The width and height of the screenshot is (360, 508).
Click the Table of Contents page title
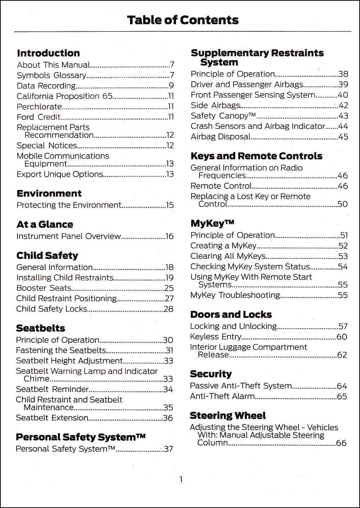click(x=183, y=20)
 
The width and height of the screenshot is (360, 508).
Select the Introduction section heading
click(x=48, y=53)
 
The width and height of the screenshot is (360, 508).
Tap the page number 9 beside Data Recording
click(x=171, y=86)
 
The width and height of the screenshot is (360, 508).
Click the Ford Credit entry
click(x=39, y=117)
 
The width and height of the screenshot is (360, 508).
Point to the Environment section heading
click(x=49, y=194)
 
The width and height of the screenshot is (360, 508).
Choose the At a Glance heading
click(x=45, y=224)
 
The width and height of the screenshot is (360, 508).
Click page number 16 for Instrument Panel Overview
click(x=170, y=236)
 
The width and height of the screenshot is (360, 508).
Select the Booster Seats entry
click(x=44, y=288)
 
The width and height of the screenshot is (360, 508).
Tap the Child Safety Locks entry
click(x=51, y=309)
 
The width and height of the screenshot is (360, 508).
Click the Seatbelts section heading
click(x=41, y=328)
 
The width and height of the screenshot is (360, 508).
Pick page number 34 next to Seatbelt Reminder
click(x=168, y=389)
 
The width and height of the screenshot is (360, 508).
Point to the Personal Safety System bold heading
click(x=81, y=437)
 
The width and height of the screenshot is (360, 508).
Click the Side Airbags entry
click(x=215, y=105)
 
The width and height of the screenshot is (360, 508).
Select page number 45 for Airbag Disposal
click(x=343, y=137)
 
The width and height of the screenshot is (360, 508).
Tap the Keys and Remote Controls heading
click(x=256, y=156)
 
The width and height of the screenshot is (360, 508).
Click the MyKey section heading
click(x=212, y=223)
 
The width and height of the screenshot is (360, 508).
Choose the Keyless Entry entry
click(x=216, y=337)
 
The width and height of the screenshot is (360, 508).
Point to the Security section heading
click(x=211, y=374)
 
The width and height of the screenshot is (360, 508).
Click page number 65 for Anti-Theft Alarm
click(x=342, y=396)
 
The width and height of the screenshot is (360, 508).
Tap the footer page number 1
click(x=181, y=480)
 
